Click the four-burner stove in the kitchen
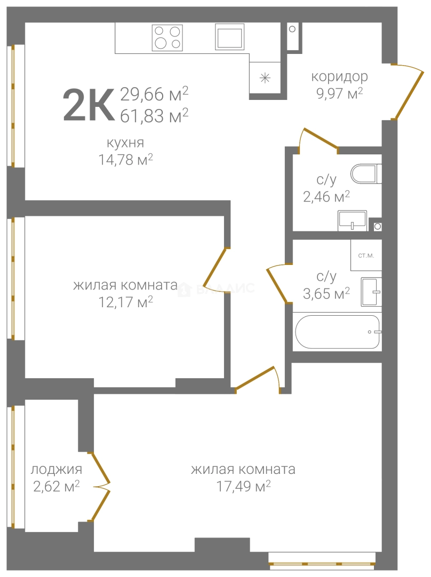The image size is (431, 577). tap(167, 37)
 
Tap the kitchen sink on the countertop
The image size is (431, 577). tap(230, 36)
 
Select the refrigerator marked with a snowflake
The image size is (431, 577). tap(265, 77)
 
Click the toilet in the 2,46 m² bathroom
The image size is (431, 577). tap(366, 174)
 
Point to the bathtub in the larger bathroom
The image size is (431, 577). tap(337, 332)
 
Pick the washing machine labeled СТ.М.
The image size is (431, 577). tap(366, 255)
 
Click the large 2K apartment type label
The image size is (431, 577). tap(89, 105)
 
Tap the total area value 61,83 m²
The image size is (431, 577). tap(154, 116)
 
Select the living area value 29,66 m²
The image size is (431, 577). tap(154, 94)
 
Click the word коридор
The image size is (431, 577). tap(339, 77)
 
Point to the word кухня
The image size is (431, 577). tap(125, 143)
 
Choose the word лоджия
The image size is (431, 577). tap(56, 470)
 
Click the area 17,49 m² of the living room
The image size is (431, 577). tap(243, 487)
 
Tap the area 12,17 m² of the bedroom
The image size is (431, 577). tap(126, 302)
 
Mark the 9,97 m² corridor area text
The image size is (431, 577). tap(339, 93)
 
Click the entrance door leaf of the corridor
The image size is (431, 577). tap(408, 95)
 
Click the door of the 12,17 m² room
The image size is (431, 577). tap(214, 270)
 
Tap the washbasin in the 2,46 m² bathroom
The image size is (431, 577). tap(353, 221)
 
